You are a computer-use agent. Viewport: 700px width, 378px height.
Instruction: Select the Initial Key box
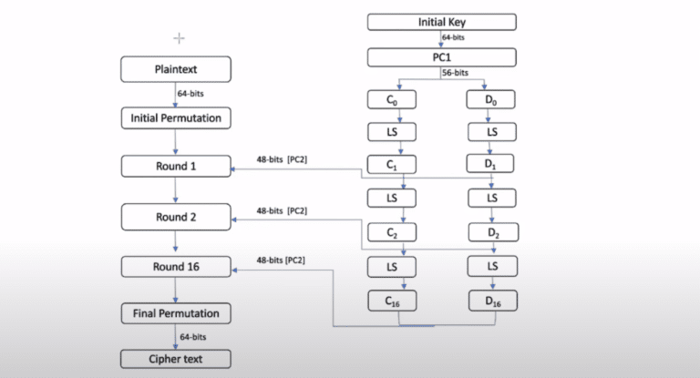pyautogui.click(x=441, y=22)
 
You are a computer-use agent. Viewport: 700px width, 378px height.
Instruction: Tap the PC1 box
pyautogui.click(x=441, y=57)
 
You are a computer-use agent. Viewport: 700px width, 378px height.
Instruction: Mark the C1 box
pyautogui.click(x=390, y=165)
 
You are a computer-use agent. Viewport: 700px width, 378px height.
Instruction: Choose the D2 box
pyautogui.click(x=491, y=232)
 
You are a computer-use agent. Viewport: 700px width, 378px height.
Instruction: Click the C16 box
pyautogui.click(x=390, y=300)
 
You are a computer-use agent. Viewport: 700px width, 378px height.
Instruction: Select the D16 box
pyautogui.click(x=491, y=300)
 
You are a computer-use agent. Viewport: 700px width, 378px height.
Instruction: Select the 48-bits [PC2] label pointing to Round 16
pyautogui.click(x=282, y=261)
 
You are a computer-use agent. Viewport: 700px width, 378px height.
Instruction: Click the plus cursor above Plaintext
pyautogui.click(x=179, y=37)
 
